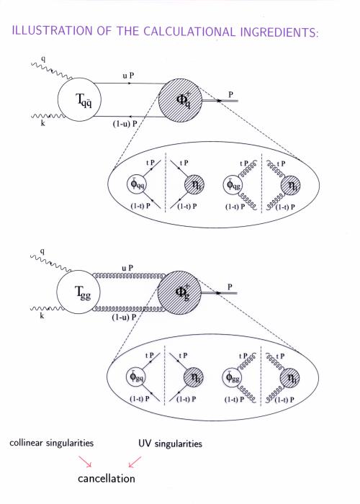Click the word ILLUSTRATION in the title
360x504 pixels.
(53, 31)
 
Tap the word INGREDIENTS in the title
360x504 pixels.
(279, 32)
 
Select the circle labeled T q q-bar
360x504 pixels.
(79, 99)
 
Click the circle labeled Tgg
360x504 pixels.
(78, 292)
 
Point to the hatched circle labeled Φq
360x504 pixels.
(180, 100)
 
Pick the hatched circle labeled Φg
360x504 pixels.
(179, 293)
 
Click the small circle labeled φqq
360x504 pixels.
(137, 185)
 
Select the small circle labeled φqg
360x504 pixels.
(233, 185)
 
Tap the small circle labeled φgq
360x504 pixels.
(135, 377)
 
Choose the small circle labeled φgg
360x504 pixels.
(232, 377)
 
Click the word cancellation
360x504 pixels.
(107, 479)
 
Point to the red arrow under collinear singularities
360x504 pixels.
(86, 462)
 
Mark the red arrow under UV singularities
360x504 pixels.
(135, 462)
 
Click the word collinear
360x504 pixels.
(27, 443)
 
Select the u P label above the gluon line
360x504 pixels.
(127, 268)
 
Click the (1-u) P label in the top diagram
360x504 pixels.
(125, 125)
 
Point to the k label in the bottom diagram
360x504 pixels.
(42, 316)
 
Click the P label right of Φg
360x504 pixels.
(230, 287)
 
